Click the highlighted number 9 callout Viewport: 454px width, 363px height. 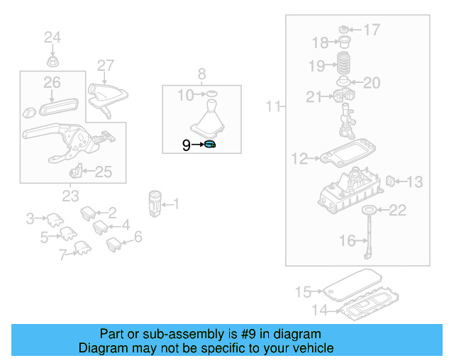pos(186,145)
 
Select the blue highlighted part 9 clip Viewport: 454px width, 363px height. pos(209,145)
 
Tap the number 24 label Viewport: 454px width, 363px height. pos(52,37)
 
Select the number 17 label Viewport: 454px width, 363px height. pos(372,30)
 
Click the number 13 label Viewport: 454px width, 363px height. pos(414,182)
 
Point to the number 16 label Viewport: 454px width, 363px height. pos(347,241)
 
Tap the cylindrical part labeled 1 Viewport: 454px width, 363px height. pos(155,203)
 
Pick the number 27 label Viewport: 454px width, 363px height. pos(105,66)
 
